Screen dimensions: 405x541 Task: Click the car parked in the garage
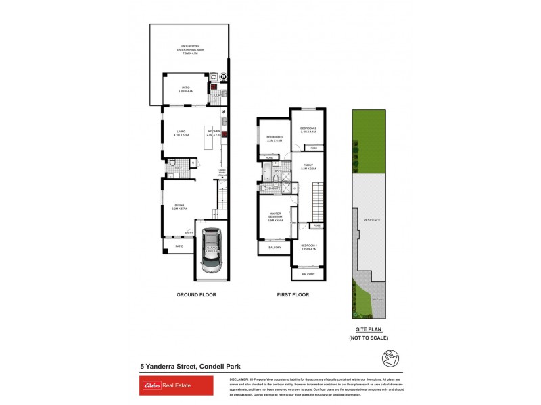click(x=212, y=252)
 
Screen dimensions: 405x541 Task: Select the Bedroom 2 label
click(x=308, y=130)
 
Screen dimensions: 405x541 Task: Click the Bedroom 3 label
click(x=275, y=138)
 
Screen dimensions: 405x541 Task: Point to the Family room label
click(x=308, y=167)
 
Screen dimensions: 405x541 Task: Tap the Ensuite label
click(x=275, y=188)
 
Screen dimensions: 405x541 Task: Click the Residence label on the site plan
click(x=371, y=221)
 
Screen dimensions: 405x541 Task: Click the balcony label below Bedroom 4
click(x=308, y=274)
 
